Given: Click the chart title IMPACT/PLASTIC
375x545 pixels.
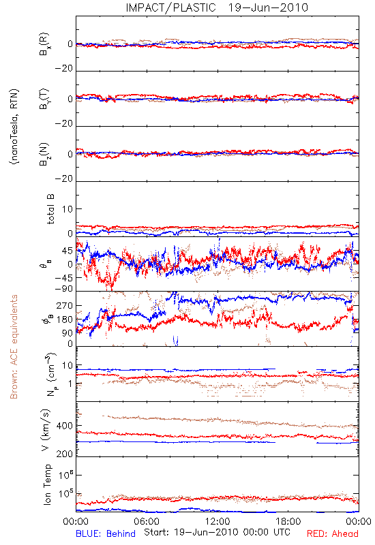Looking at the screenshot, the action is pyautogui.click(x=171, y=7).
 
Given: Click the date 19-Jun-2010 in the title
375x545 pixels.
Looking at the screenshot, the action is pyautogui.click(x=268, y=7).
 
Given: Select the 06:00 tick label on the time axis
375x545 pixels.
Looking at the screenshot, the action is pyautogui.click(x=147, y=521).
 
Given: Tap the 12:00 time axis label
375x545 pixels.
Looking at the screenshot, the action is pyautogui.click(x=217, y=521).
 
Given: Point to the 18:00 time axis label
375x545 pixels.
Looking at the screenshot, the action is pyautogui.click(x=288, y=521).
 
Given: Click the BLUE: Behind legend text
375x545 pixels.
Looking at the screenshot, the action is pyautogui.click(x=106, y=533).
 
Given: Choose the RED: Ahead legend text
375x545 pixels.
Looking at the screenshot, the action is pyautogui.click(x=332, y=533).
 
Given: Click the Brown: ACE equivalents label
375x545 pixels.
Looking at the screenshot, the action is pyautogui.click(x=14, y=347).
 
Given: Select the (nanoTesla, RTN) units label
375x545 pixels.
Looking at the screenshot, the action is pyautogui.click(x=14, y=126).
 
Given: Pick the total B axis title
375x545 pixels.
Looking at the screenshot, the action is pyautogui.click(x=50, y=209).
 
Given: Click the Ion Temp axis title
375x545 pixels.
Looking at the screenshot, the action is pyautogui.click(x=47, y=484).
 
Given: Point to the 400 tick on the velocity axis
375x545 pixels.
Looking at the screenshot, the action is pyautogui.click(x=64, y=426).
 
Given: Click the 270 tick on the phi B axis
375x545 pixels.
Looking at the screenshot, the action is pyautogui.click(x=64, y=305).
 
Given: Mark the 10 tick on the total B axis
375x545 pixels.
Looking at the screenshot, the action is pyautogui.click(x=67, y=209).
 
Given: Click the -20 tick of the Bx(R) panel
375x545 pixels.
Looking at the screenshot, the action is pyautogui.click(x=63, y=69).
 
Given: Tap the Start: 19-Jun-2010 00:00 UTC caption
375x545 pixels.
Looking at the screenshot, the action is pyautogui.click(x=217, y=532).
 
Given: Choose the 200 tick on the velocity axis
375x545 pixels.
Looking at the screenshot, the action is pyautogui.click(x=64, y=454).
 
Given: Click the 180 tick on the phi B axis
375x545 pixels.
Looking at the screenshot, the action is pyautogui.click(x=64, y=320).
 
